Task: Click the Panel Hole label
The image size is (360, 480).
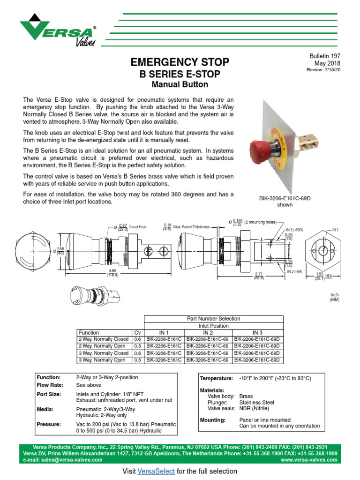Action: [x=138, y=227]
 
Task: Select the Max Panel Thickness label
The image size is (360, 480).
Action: [x=191, y=227]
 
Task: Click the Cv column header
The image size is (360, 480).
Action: [x=137, y=332]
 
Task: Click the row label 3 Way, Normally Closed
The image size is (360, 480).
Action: [x=104, y=353]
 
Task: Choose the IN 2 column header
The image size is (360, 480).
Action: [x=208, y=332]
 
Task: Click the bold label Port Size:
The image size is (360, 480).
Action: [x=49, y=394]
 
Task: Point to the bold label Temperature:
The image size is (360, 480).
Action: [x=216, y=378]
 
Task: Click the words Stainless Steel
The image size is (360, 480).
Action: [x=256, y=402]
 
